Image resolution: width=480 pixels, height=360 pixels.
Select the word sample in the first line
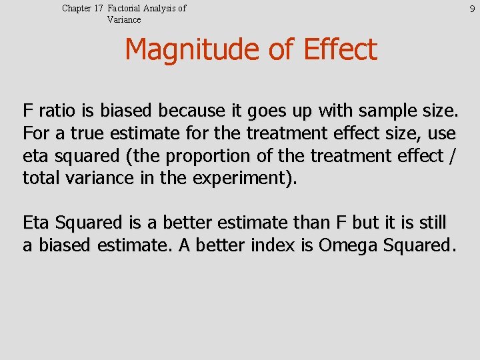click(378, 110)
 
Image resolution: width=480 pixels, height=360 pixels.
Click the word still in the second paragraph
click(433, 223)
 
